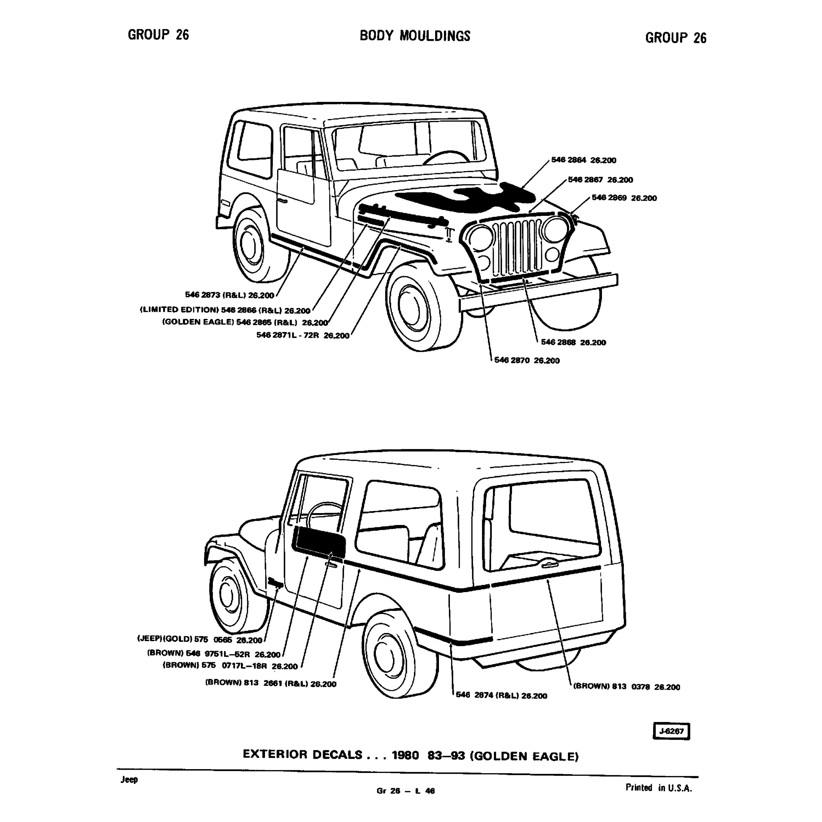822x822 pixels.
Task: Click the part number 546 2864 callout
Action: tap(583, 160)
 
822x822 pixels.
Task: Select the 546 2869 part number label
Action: tap(624, 198)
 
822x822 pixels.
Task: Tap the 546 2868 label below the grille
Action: tap(573, 342)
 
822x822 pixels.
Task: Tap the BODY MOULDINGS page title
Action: tap(415, 36)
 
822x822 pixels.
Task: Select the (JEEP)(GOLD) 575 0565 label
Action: tap(199, 640)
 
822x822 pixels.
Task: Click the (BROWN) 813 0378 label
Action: tap(626, 687)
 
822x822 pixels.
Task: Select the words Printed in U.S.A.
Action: tap(659, 787)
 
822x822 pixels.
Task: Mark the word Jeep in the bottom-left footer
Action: tap(129, 780)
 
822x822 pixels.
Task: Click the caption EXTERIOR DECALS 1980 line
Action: tap(410, 754)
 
